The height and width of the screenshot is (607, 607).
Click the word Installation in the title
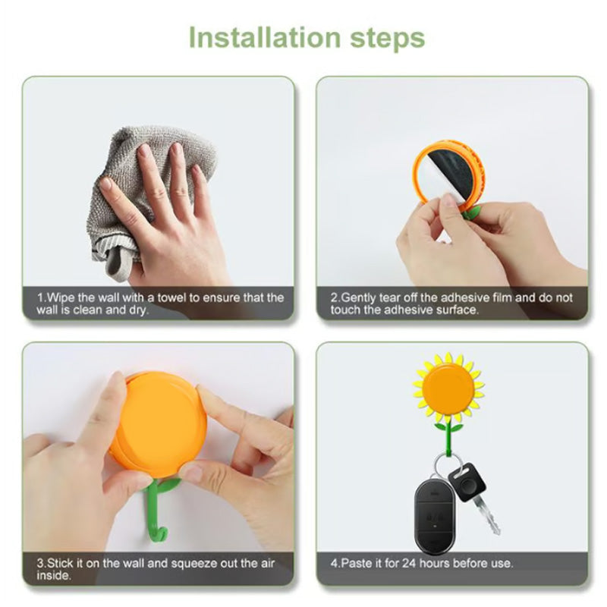(265, 37)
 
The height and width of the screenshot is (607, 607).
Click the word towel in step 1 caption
(173, 297)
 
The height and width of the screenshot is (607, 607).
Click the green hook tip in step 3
(165, 536)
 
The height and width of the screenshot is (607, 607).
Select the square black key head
(467, 482)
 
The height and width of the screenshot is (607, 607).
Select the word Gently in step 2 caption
(358, 298)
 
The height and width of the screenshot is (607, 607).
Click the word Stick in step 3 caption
(60, 563)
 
